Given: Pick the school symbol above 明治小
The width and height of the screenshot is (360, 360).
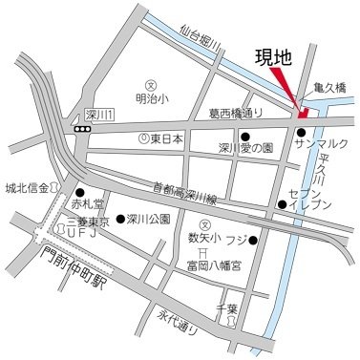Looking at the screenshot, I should pos(149,83).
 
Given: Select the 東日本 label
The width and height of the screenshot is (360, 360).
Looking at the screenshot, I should pos(166,138).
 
